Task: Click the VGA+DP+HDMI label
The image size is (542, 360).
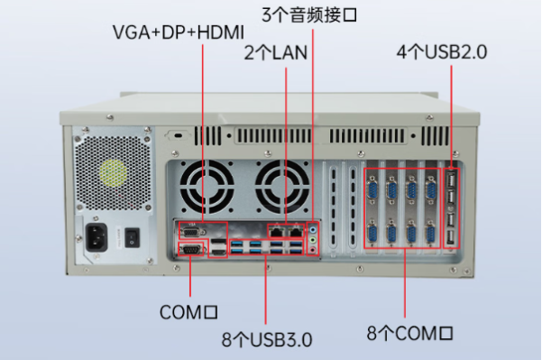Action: point(179,32)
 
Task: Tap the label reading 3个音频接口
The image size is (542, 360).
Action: point(309,14)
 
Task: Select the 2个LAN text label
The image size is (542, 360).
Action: point(276,52)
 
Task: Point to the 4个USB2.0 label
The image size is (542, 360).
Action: point(442,52)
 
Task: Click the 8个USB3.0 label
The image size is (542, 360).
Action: point(267,340)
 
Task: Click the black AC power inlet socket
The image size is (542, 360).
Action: point(99,238)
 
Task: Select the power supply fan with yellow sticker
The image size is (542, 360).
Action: point(113,172)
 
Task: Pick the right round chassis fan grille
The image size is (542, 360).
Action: point(280,186)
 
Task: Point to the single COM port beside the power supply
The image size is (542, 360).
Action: point(191,250)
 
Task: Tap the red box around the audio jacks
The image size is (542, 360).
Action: point(313,237)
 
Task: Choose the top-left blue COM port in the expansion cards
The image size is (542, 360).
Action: point(371,189)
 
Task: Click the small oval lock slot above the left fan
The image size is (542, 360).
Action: point(179,135)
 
